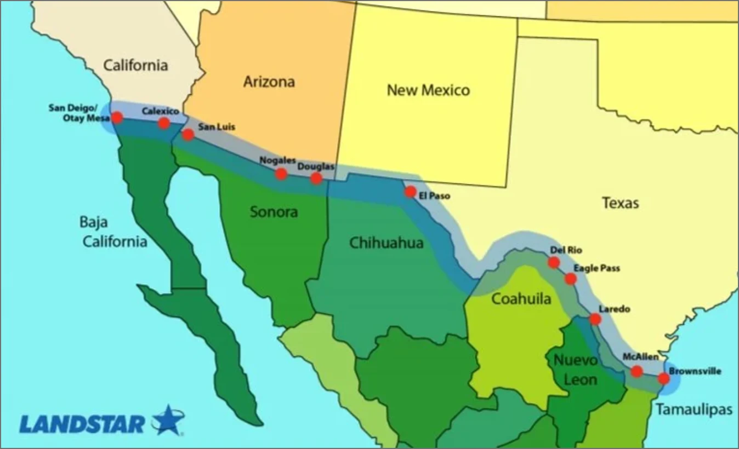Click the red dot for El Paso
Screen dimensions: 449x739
410,192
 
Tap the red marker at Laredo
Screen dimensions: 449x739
595,319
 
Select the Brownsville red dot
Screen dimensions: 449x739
663,378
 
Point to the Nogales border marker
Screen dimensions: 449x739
281,174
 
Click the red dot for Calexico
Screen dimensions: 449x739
163,123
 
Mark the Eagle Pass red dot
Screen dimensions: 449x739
571,279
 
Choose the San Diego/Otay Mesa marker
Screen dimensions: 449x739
117,117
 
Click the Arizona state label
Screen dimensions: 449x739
269,82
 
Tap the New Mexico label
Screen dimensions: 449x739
428,90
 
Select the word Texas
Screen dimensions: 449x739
620,203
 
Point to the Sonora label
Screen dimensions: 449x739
274,211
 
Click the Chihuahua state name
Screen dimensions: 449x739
386,243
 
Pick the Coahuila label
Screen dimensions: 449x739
521,299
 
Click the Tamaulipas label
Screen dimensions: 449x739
693,410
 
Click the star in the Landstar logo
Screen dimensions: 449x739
168,421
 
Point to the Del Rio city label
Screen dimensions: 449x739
566,250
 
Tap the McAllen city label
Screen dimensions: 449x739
640,357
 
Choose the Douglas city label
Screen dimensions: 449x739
315,166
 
